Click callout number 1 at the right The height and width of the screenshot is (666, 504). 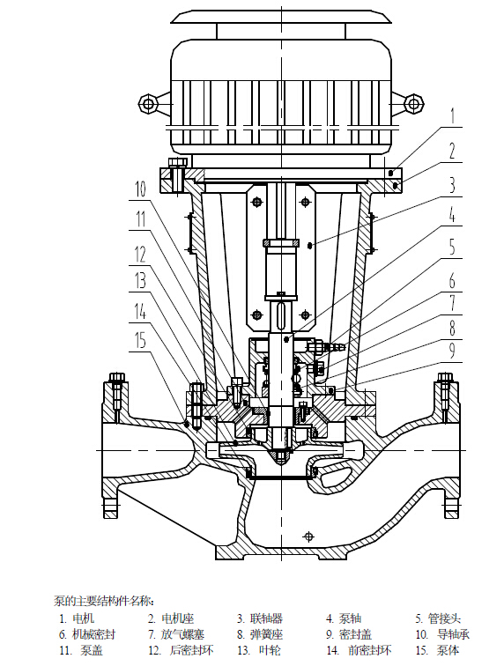453,115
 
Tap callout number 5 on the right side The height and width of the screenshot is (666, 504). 453,247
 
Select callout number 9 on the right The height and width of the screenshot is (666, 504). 453,351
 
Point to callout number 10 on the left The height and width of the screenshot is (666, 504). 140,189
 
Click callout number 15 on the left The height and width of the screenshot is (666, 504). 140,340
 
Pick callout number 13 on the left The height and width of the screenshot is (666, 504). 140,281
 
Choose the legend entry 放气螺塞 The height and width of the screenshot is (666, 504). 182,634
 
